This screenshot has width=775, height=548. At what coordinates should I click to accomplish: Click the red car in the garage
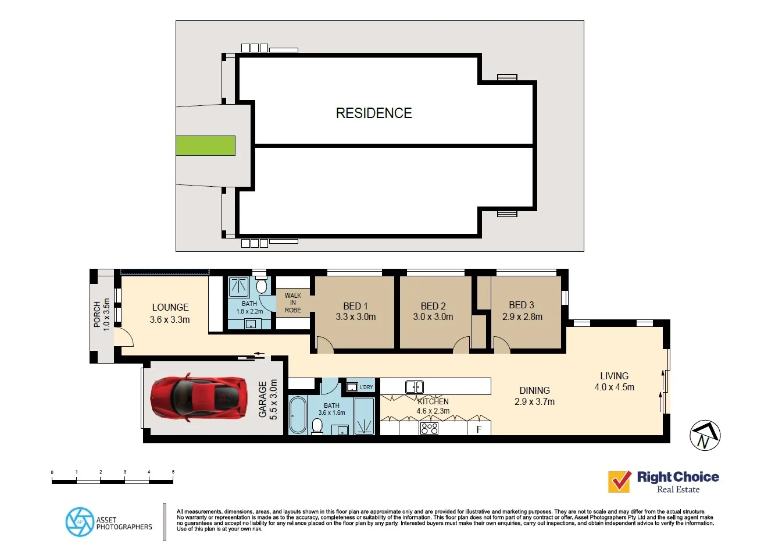point(199,397)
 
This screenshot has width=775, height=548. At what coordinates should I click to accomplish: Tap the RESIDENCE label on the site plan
point(374,113)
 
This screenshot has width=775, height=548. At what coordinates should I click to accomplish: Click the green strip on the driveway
point(205,146)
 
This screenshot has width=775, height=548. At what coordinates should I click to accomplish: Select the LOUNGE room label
point(170,307)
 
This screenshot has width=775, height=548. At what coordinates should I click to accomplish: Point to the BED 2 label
point(433,306)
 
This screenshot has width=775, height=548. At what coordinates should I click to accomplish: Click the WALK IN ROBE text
point(292,303)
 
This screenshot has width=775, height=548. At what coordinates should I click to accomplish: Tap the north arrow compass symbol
point(705,435)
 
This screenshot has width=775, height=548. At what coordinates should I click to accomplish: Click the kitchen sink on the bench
point(415,387)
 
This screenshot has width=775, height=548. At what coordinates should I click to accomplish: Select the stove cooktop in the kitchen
point(430,429)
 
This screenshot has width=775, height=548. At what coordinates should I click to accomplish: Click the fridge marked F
point(479,429)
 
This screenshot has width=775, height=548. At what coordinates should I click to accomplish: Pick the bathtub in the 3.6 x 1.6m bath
point(298,415)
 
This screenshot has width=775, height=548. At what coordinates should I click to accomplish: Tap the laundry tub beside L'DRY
point(352,387)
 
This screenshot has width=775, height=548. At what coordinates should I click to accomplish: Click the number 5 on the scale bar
point(173,472)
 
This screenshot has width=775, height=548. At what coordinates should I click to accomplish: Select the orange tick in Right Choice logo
point(619,481)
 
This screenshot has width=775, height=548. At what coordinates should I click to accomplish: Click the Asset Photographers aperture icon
point(80,522)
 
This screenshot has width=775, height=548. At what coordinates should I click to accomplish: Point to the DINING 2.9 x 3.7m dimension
point(534,401)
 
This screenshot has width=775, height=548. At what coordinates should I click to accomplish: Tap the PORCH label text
point(97,314)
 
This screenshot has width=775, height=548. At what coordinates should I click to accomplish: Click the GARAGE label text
point(263,400)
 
